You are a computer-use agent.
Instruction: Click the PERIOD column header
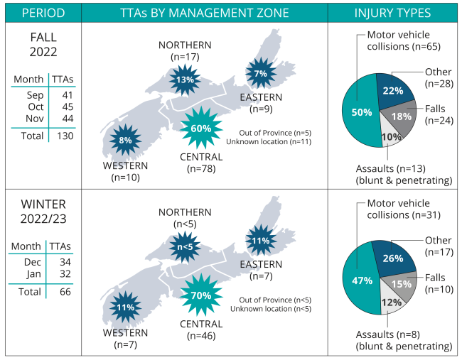42,13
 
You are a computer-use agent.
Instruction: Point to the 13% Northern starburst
186,80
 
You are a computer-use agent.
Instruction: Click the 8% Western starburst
126,140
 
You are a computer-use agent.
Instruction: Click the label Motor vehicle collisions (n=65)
404,41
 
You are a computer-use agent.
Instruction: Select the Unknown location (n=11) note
269,142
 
